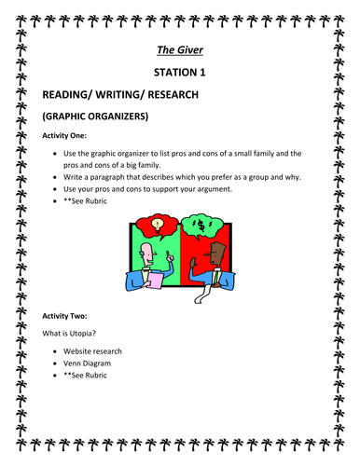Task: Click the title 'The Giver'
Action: pyautogui.click(x=179, y=53)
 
